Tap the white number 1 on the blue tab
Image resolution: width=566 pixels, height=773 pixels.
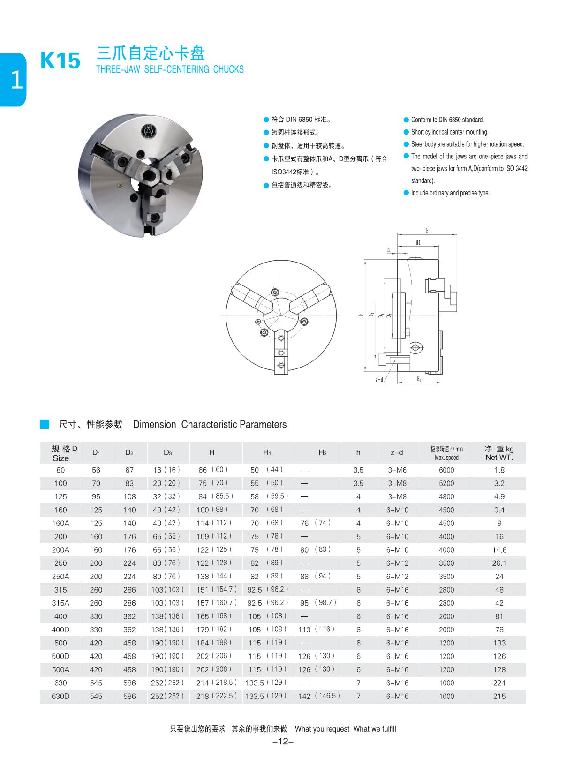coord(16,80)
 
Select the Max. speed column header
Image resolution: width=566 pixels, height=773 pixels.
coord(446,453)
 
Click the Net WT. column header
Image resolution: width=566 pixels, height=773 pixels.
coord(499,453)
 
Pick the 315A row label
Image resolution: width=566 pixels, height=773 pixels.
coord(60,603)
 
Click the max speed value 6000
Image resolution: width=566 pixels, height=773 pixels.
coord(446,470)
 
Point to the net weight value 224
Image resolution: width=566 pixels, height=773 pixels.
coord(499,683)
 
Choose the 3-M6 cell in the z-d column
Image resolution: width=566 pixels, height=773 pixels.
coord(397,470)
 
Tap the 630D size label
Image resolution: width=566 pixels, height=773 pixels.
coord(60,697)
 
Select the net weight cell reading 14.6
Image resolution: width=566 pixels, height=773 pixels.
coord(499,550)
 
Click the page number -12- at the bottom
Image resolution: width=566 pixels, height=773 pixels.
coord(283,742)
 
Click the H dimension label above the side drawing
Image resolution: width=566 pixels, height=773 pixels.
coord(427,230)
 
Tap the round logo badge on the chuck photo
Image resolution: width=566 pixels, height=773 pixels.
coord(149,131)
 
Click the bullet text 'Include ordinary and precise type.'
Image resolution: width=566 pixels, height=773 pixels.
coord(450,193)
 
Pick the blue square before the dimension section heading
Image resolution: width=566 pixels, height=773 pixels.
coord(45,424)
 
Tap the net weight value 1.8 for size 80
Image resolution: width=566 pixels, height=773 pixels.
coord(499,470)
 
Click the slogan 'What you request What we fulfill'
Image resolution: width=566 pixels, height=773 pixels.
coord(345,729)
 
